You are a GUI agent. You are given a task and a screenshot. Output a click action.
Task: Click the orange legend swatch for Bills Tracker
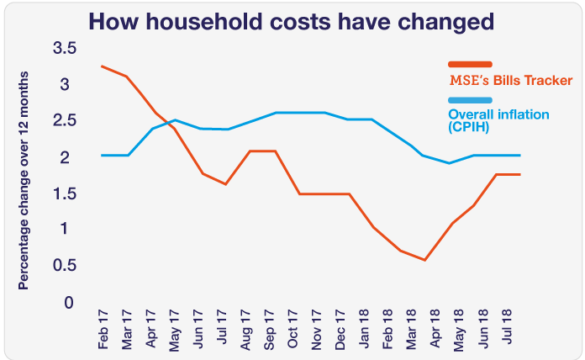click(470, 65)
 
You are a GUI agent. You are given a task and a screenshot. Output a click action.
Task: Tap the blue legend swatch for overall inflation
click(470, 100)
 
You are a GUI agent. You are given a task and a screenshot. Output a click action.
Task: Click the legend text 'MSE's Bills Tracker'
click(510, 81)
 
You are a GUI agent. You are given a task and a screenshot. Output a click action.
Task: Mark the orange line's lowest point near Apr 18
click(425, 260)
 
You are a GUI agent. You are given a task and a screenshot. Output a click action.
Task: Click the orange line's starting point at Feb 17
click(102, 66)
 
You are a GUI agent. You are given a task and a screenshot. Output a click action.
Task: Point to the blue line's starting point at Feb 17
click(102, 155)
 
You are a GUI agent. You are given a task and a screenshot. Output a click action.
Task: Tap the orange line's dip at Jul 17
click(226, 183)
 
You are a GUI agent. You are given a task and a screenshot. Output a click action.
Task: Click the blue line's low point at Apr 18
click(450, 162)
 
